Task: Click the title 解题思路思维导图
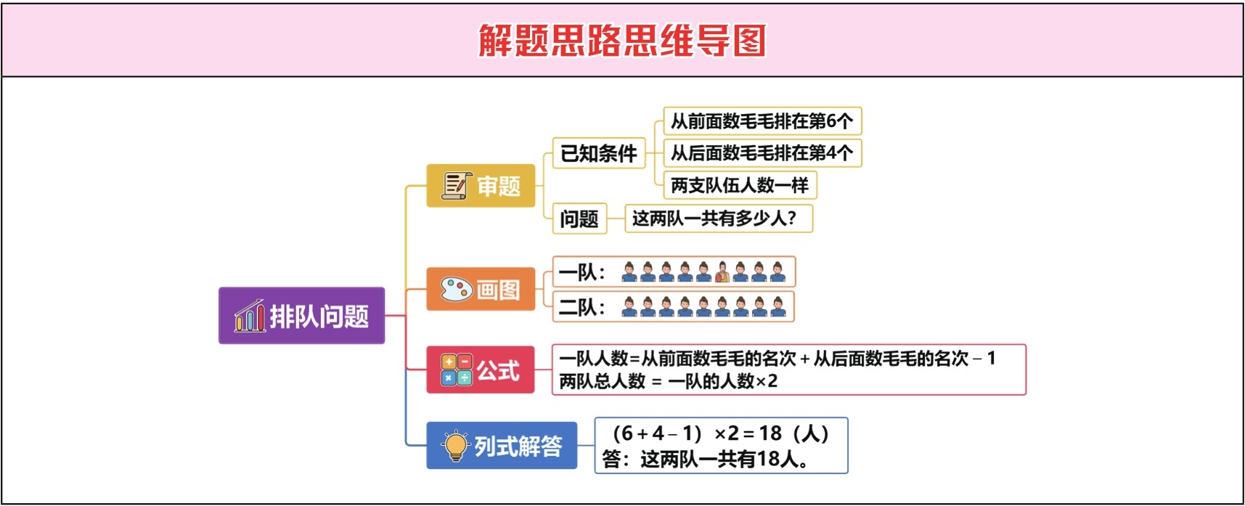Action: pyautogui.click(x=622, y=40)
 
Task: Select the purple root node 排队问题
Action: pyautogui.click(x=301, y=316)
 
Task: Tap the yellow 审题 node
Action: pyautogui.click(x=481, y=186)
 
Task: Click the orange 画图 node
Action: pyautogui.click(x=481, y=289)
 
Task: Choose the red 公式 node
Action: pyautogui.click(x=481, y=370)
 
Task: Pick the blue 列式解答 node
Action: pyautogui.click(x=502, y=445)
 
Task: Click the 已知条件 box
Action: pyautogui.click(x=599, y=153)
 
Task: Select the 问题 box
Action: pyautogui.click(x=579, y=219)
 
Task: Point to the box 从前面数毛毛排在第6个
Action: pyautogui.click(x=762, y=121)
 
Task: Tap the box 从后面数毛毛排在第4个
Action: pyautogui.click(x=762, y=153)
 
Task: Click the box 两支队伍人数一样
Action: pyautogui.click(x=740, y=185)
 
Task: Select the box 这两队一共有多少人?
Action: pyautogui.click(x=719, y=219)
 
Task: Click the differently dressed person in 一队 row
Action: pyautogui.click(x=722, y=272)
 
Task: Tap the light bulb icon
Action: pyautogui.click(x=456, y=445)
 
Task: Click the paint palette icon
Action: pyautogui.click(x=456, y=289)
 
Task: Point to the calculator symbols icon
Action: pyautogui.click(x=456, y=370)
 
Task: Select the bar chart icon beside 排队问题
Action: pyautogui.click(x=249, y=316)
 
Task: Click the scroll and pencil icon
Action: pyautogui.click(x=457, y=186)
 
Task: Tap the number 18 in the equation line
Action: pyautogui.click(x=770, y=434)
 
